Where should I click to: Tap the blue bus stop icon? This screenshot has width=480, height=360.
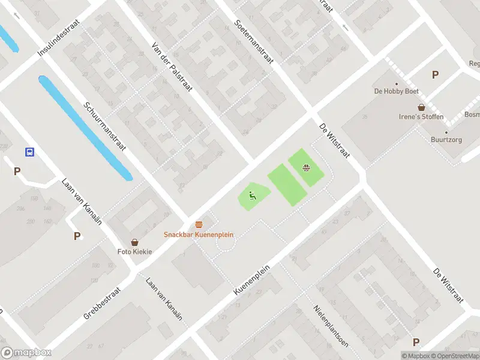29,152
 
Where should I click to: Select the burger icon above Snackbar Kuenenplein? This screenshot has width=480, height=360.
199,224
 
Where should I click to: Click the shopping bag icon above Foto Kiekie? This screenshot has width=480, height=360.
134,242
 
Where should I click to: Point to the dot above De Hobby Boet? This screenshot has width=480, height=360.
396,84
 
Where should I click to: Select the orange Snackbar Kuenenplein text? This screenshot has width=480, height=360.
199,235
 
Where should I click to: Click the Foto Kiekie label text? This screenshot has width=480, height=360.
134,251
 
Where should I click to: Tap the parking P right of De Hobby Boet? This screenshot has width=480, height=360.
435,75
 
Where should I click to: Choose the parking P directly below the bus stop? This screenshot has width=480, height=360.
17,171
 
